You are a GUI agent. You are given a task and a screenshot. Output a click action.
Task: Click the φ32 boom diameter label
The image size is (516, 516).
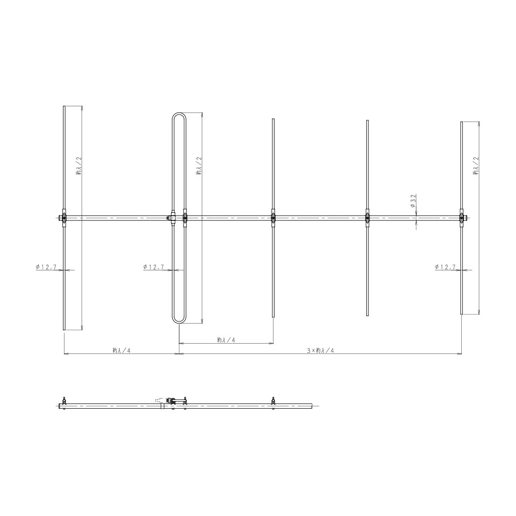tap(413, 201)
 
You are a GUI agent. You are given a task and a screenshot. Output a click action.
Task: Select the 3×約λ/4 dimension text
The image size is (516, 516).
tap(320, 350)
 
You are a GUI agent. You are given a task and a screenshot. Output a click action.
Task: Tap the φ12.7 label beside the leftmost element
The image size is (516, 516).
tap(46, 267)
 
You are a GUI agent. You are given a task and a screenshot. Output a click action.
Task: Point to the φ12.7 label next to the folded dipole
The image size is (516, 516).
tap(154, 267)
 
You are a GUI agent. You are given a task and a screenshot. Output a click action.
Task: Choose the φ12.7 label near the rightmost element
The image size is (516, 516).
tap(445, 267)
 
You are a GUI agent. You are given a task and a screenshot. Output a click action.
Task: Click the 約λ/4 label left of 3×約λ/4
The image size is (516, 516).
tap(121, 350)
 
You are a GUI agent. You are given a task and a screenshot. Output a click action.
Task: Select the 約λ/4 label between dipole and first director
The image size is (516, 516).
tap(226, 340)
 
